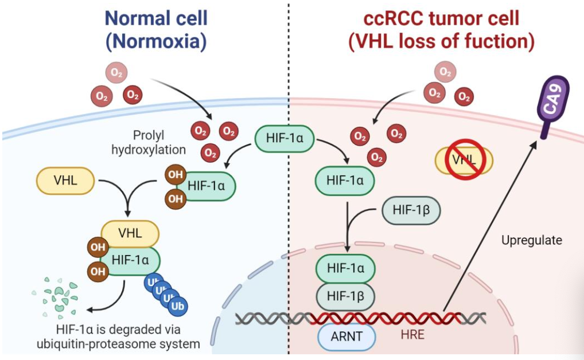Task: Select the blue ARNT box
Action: (x=346, y=336)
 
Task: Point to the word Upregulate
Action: (x=531, y=240)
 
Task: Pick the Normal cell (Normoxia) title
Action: (x=155, y=29)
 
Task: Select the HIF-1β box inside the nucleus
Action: (x=345, y=296)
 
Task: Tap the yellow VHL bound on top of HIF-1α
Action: (x=130, y=233)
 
